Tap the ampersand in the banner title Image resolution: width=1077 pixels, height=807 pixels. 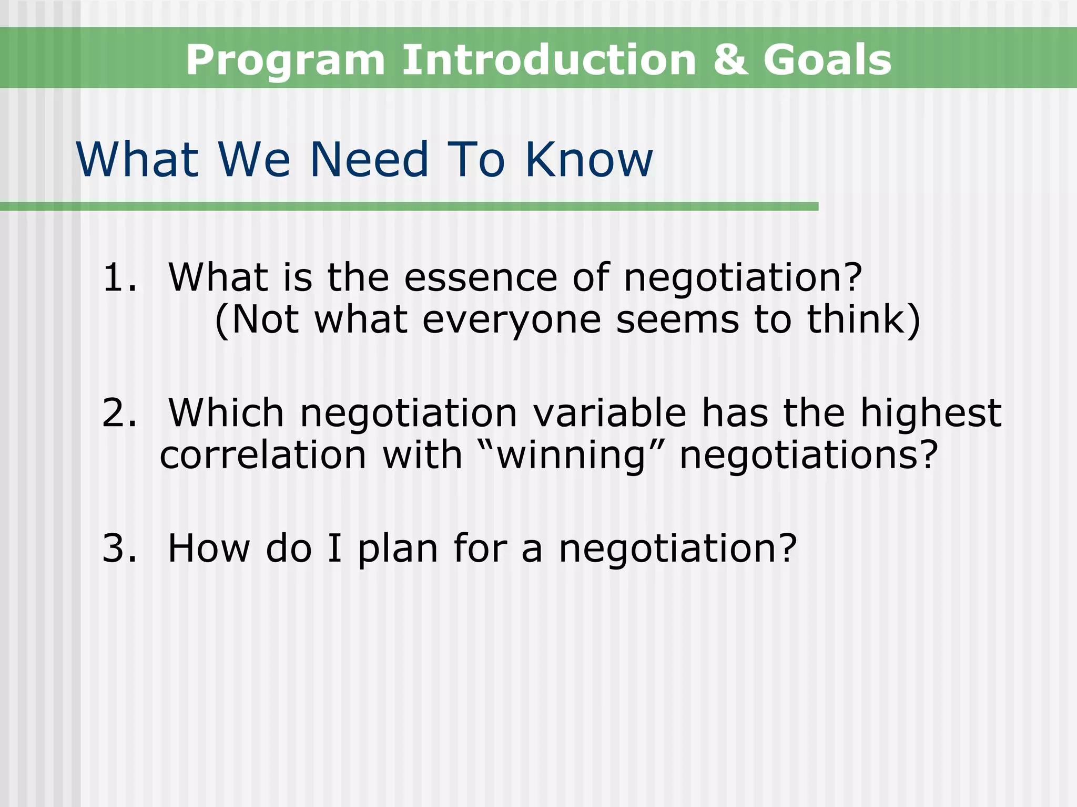(730, 59)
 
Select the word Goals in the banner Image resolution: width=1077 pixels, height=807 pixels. (827, 59)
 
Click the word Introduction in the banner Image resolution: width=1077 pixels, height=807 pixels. (549, 59)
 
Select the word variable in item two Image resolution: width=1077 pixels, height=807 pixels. (609, 413)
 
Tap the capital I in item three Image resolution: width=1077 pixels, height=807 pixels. (334, 548)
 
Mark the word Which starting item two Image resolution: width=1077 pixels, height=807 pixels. (226, 413)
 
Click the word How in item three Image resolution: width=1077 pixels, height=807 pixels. (209, 548)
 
